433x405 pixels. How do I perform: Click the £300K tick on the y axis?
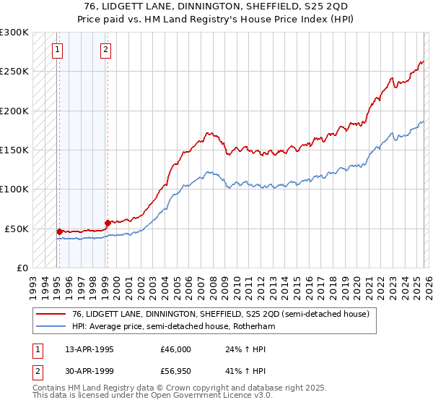point(14,33)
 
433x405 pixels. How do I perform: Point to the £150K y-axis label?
point(14,150)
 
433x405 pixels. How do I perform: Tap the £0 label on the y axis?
point(22,268)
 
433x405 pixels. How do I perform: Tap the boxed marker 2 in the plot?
point(106,50)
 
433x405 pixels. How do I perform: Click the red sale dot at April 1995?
point(59,231)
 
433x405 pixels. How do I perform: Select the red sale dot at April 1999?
point(108,223)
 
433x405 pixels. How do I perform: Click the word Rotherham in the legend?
point(255,326)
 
